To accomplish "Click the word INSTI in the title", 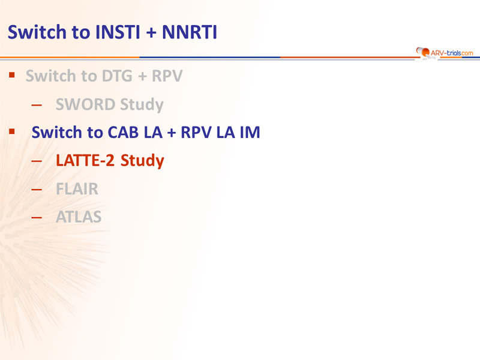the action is tap(118, 32).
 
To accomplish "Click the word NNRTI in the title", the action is tap(190, 32).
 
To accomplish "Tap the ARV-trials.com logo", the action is tap(445, 53).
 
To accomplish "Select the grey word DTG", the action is tap(117, 76).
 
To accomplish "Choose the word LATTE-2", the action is tap(85, 161).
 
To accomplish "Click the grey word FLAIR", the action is tap(77, 189).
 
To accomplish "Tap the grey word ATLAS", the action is tap(79, 217).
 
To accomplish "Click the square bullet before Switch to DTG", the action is tap(12, 74).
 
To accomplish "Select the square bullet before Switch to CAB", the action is tap(12, 131).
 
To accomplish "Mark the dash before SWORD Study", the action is tap(37, 106).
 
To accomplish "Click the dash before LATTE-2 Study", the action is tap(37, 161).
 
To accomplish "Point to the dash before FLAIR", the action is tap(37, 190).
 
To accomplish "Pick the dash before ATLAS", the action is tap(37, 218).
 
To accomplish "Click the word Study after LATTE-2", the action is tap(142, 161).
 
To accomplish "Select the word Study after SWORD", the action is tap(142, 104).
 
